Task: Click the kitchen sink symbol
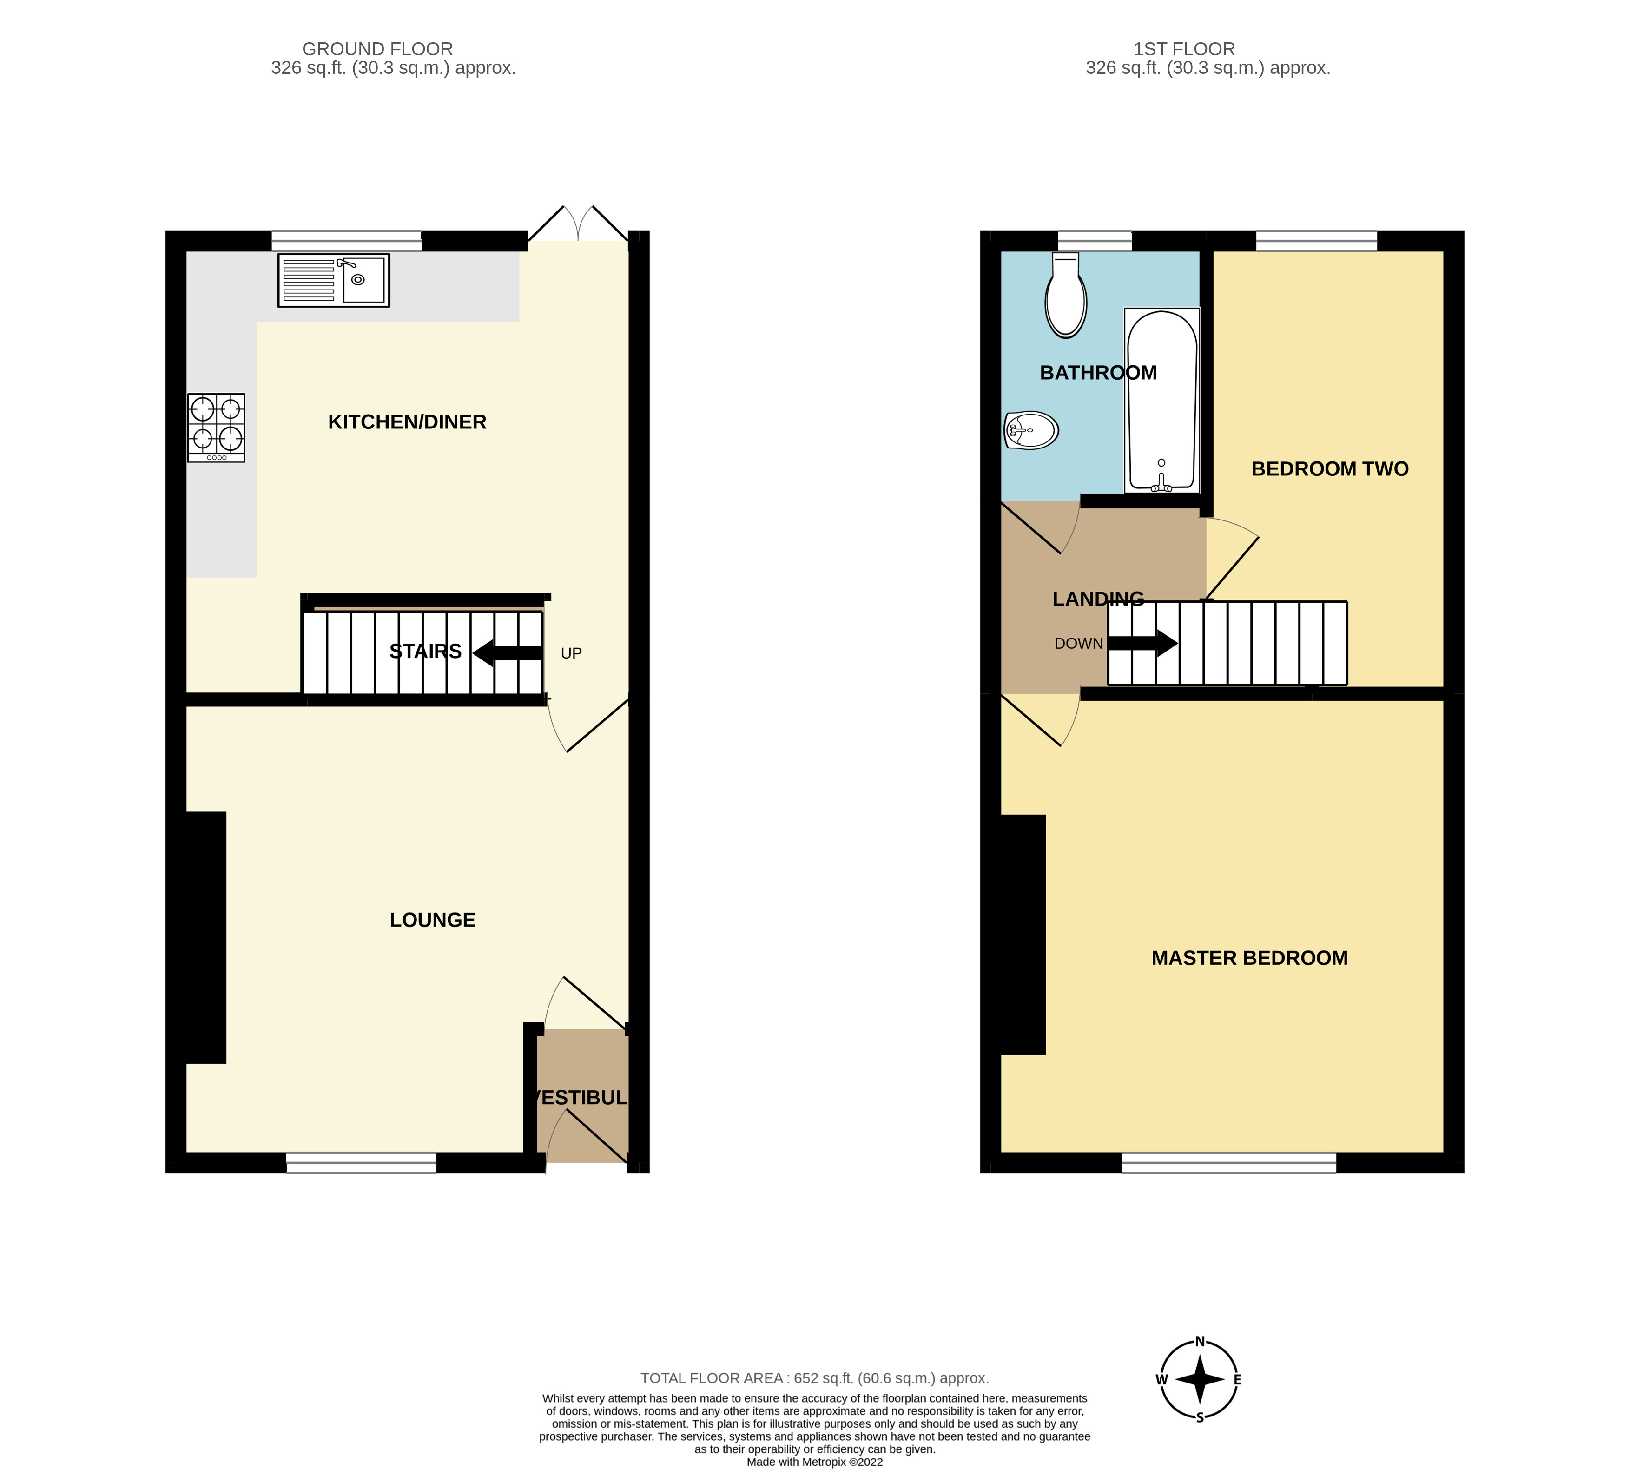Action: tap(333, 280)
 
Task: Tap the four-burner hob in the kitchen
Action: tap(217, 427)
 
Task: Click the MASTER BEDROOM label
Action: tap(1249, 958)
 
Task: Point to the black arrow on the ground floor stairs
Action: tap(507, 653)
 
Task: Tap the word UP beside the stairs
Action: tap(571, 653)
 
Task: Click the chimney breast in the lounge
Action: tap(204, 937)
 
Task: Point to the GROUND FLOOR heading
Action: tap(377, 49)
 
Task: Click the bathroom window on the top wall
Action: tap(1094, 241)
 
